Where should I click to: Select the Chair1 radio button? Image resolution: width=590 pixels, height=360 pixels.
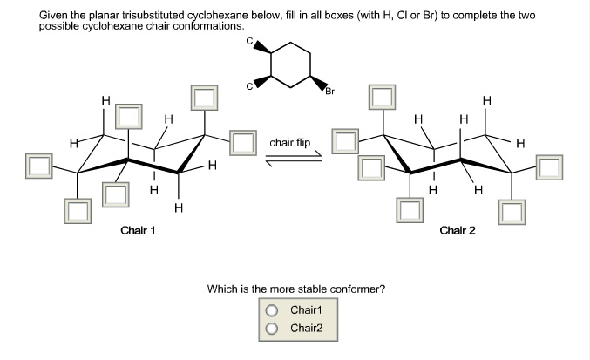point(272,310)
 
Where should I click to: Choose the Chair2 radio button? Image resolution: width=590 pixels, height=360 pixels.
point(272,328)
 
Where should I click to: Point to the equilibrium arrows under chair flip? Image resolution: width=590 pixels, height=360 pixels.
point(295,157)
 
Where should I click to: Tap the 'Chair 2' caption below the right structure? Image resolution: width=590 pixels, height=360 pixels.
point(458,230)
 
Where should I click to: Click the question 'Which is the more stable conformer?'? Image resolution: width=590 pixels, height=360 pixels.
point(295,289)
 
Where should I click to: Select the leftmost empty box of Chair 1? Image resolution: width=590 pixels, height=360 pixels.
point(38,164)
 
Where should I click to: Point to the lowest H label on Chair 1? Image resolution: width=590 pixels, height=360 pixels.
point(178,207)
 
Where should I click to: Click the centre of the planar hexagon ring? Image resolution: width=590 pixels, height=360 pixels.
point(290,65)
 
